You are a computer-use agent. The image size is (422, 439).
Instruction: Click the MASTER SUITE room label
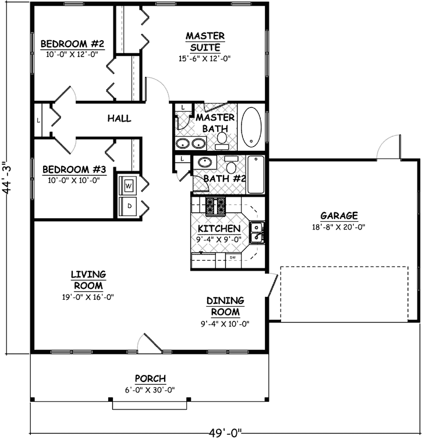pos(205,41)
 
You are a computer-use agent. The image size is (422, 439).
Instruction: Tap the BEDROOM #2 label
pos(72,44)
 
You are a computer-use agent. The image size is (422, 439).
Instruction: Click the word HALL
pos(119,118)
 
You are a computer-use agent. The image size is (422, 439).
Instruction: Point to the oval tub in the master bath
pos(251,126)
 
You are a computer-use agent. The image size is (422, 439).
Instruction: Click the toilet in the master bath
pos(222,138)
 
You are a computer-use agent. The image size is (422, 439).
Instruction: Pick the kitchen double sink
pos(256,232)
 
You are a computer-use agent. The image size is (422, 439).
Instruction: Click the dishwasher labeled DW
pos(232,257)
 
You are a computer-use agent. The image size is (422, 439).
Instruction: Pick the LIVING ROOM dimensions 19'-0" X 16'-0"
pos(88,296)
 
